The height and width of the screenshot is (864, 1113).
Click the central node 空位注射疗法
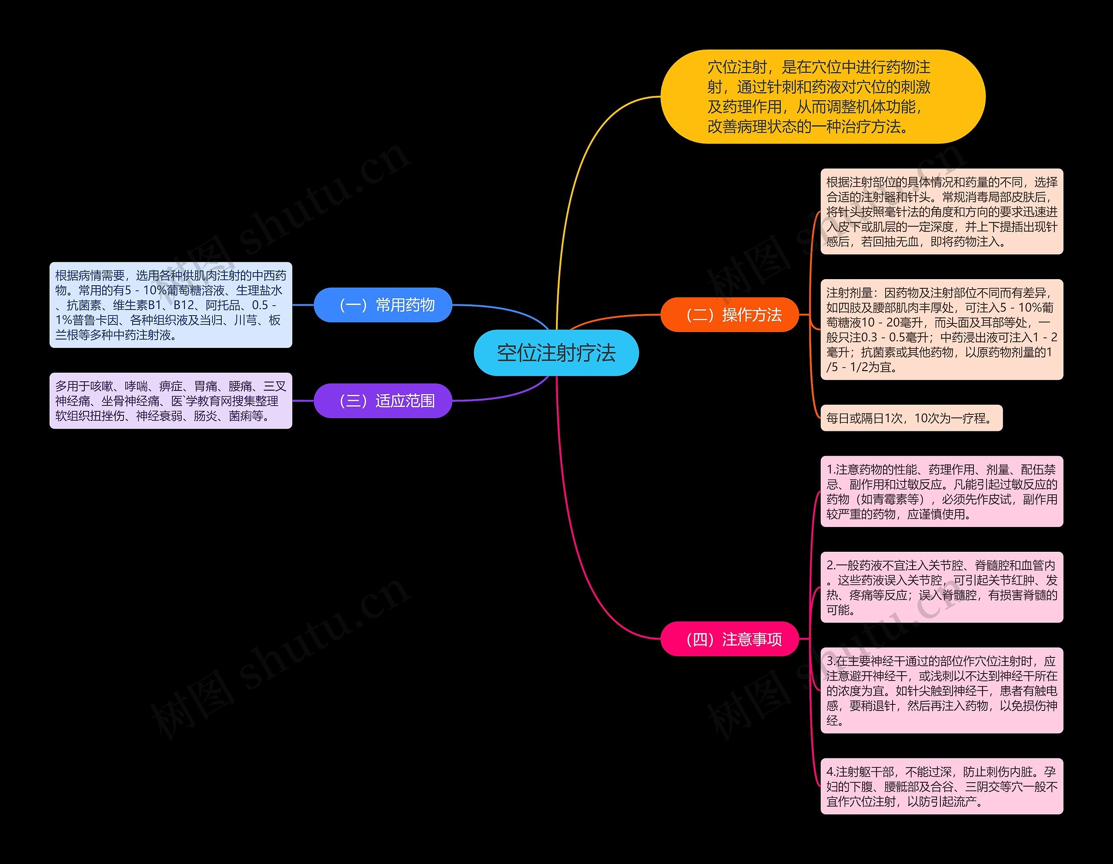pyautogui.click(x=556, y=353)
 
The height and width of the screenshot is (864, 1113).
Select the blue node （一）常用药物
pyautogui.click(x=383, y=305)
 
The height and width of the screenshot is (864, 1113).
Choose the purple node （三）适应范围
pyautogui.click(x=383, y=400)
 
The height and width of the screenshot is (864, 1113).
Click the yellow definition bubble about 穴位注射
pyautogui.click(x=823, y=97)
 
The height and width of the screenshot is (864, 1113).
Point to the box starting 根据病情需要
pyautogui.click(x=170, y=305)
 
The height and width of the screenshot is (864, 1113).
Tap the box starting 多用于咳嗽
pyautogui.click(x=170, y=400)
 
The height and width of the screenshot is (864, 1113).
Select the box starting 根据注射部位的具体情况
pyautogui.click(x=941, y=211)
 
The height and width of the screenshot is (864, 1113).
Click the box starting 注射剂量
pyautogui.click(x=941, y=329)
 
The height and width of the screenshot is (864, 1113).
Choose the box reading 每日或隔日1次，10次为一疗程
pyautogui.click(x=911, y=418)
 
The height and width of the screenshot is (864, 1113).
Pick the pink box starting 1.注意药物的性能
pyautogui.click(x=941, y=491)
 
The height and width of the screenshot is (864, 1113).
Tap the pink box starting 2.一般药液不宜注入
pyautogui.click(x=941, y=587)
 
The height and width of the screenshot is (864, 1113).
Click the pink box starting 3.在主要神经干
pyautogui.click(x=941, y=690)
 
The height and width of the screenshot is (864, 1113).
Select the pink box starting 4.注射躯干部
pyautogui.click(x=941, y=786)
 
